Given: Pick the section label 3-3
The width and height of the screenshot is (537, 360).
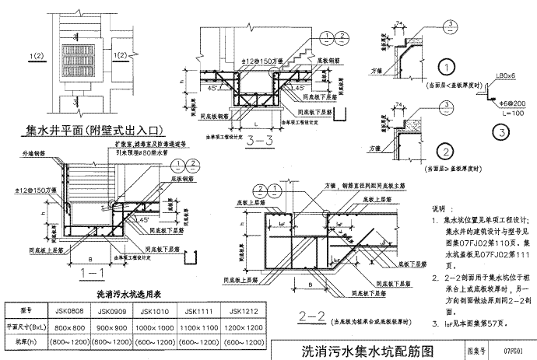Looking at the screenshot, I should pyautogui.click(x=258, y=142).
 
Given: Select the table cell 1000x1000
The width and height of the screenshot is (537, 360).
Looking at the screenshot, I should pyautogui.click(x=157, y=327).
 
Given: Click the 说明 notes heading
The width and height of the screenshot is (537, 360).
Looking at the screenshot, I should pyautogui.click(x=440, y=208).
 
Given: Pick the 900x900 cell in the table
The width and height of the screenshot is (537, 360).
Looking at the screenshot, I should pyautogui.click(x=112, y=327).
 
